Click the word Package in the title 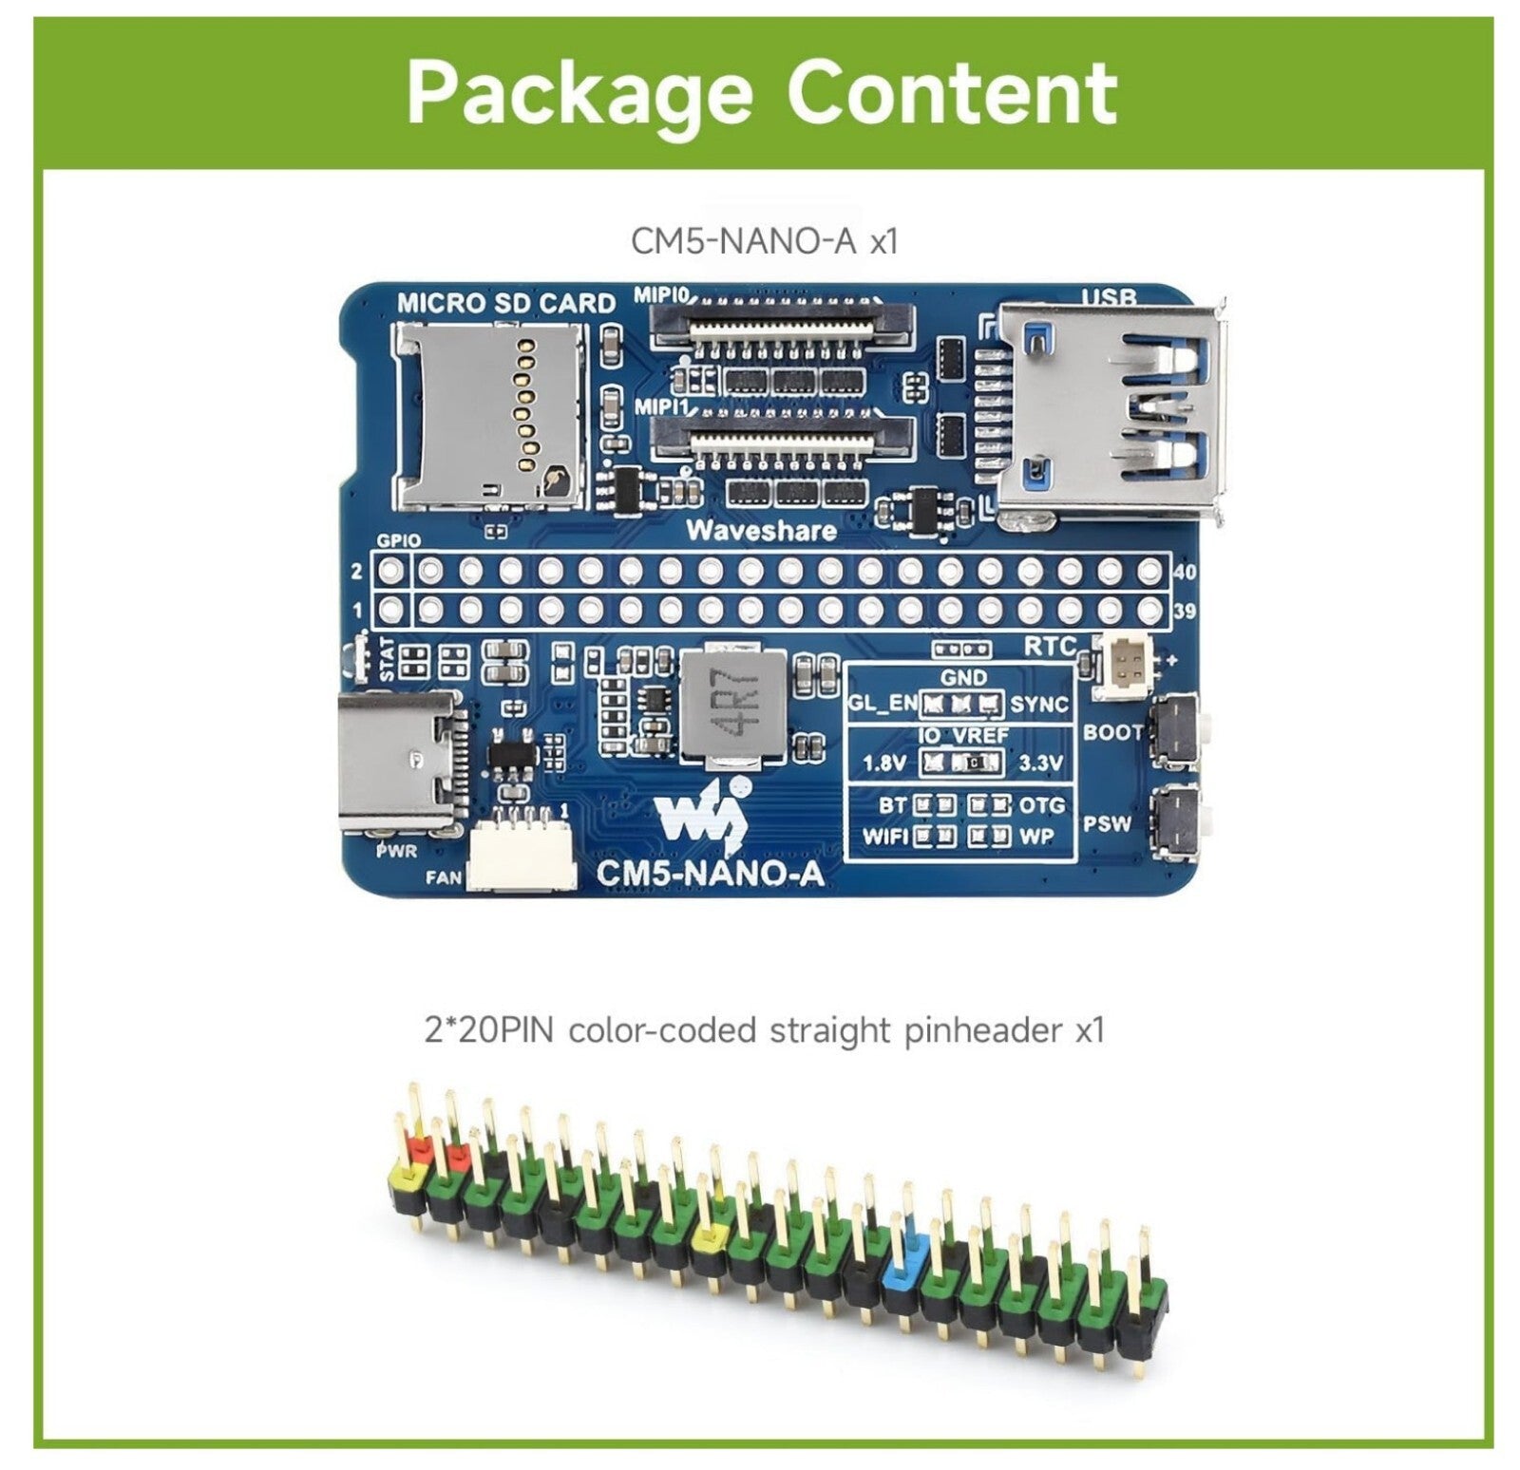tap(579, 93)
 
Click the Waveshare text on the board tap(761, 531)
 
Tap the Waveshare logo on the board tap(702, 815)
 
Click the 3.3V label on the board tap(1040, 763)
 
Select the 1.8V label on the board tap(883, 763)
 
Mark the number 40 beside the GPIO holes tap(1185, 572)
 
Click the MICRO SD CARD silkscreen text tap(505, 304)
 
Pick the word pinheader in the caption tap(980, 1031)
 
